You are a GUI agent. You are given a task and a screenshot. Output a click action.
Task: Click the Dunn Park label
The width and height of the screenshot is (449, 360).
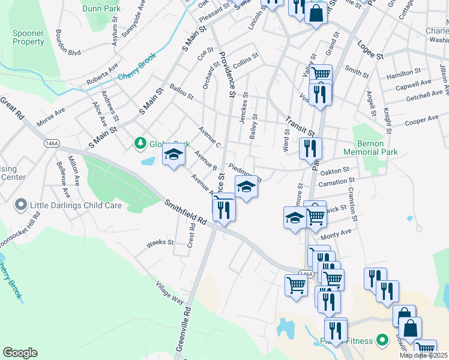[101, 8]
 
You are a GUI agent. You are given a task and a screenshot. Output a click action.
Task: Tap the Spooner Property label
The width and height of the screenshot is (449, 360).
[28, 38]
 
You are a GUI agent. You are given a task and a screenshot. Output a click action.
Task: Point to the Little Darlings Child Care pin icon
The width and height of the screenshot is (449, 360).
[20, 205]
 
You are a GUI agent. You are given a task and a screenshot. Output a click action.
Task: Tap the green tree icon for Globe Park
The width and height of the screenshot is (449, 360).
[140, 143]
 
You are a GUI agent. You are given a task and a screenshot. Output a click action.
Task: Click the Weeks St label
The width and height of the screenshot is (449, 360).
[160, 243]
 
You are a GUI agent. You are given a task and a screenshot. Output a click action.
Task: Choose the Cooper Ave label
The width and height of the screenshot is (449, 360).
[423, 121]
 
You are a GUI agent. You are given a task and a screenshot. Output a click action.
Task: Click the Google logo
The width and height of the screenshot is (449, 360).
[20, 353]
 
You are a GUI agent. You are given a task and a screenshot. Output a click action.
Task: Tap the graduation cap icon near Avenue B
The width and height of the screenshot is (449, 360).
[173, 155]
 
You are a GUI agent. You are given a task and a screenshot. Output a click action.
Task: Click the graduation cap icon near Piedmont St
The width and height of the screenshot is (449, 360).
[245, 187]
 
